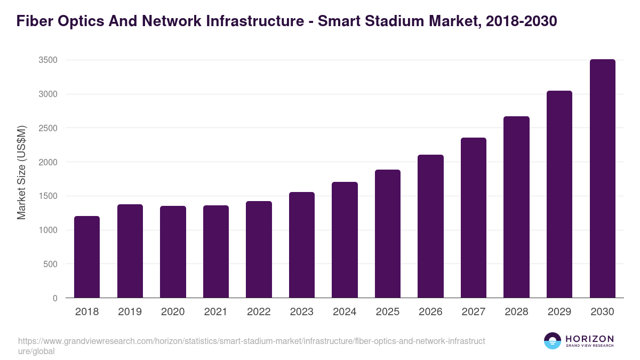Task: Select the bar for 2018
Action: [x=87, y=257]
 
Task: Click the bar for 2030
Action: [x=602, y=179]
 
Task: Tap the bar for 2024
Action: [x=345, y=240]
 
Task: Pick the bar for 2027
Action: [x=474, y=218]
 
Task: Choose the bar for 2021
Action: [x=216, y=251]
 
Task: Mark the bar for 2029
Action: [x=559, y=194]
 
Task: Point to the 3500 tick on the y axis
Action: [x=47, y=60]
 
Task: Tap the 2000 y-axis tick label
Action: [x=47, y=162]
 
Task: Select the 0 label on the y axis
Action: [x=55, y=298]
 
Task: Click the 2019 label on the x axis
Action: [x=130, y=312]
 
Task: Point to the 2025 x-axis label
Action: [x=388, y=312]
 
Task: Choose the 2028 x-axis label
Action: [x=516, y=312]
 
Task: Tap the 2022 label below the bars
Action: [x=259, y=312]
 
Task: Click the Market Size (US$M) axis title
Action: [x=21, y=172]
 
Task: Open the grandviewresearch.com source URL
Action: [x=251, y=346]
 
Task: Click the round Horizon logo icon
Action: [x=553, y=341]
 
